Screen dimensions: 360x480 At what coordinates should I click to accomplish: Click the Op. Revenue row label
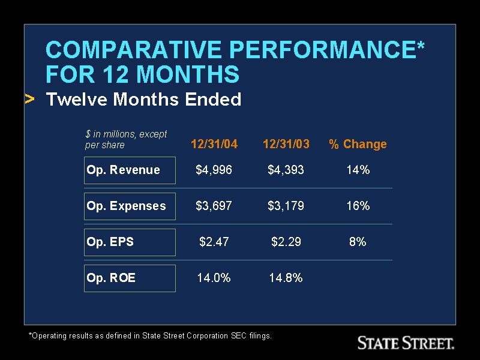coord(124,170)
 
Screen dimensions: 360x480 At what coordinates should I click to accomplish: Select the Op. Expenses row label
coord(126,206)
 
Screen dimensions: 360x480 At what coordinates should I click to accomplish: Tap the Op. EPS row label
coord(110,242)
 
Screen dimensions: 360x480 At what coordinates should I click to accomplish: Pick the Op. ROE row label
coord(112,278)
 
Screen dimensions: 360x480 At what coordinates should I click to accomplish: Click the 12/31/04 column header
coord(214,144)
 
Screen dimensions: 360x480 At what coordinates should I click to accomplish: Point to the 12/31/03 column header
coord(286,144)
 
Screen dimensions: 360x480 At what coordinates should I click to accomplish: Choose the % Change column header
coord(358,144)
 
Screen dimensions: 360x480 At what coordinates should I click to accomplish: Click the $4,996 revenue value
coord(214,170)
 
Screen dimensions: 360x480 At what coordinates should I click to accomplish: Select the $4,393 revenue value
coord(286,170)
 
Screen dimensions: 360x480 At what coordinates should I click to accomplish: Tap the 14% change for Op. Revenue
coord(358,170)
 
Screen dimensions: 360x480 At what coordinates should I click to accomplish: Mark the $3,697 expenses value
coord(214,206)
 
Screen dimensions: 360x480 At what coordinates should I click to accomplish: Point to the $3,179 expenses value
coord(286,206)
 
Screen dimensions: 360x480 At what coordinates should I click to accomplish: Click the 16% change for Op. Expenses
coord(358,206)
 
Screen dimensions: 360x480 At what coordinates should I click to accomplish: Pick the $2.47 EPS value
coord(214,242)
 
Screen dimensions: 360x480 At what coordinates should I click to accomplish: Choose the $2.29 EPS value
coord(286,242)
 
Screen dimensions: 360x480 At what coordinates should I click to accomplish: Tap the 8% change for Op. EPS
coord(358,242)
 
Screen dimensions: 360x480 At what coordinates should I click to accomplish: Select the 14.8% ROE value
coord(286,278)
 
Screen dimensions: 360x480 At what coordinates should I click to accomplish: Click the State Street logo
coord(406,343)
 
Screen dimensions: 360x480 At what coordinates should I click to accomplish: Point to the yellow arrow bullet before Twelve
coord(29,98)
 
